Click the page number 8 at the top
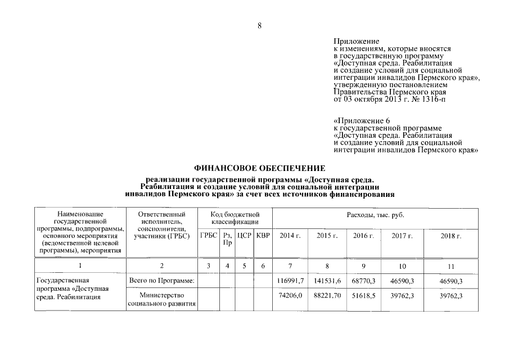(259, 25)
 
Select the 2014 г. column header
(290, 236)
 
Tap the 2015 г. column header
(327, 236)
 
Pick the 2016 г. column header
(363, 236)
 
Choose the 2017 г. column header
(402, 236)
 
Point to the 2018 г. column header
(450, 236)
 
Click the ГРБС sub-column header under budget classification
(209, 235)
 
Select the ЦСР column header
(244, 235)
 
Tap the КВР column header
(263, 235)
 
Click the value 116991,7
(291, 280)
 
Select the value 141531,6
(327, 280)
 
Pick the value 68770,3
(363, 280)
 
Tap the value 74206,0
(291, 295)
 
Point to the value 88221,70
(327, 295)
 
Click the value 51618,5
(363, 295)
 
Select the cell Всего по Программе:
(161, 280)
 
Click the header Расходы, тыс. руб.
(375, 215)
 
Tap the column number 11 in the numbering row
(450, 265)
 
